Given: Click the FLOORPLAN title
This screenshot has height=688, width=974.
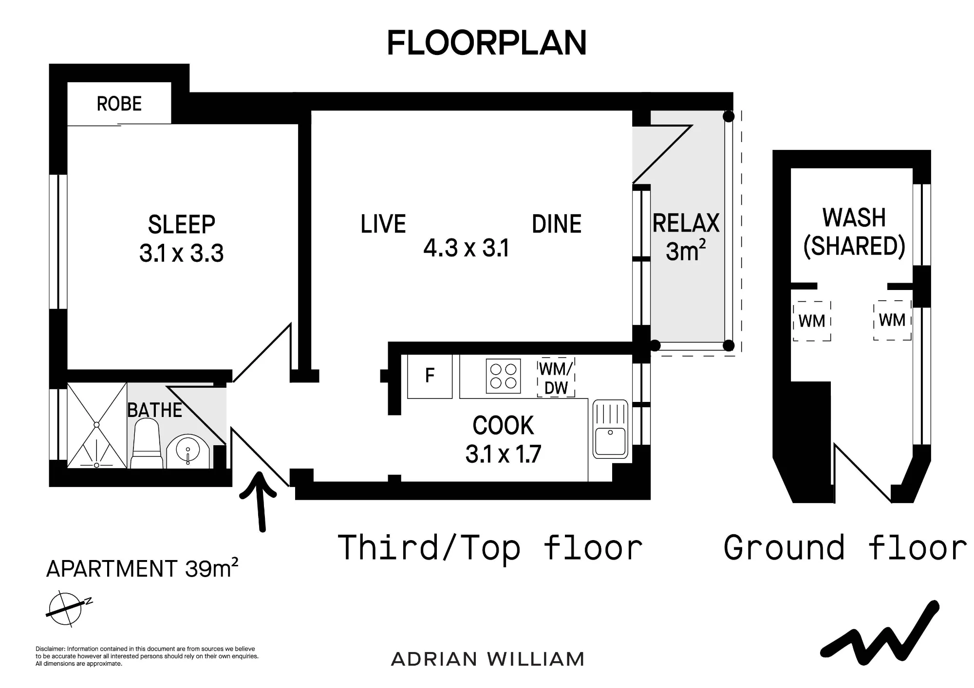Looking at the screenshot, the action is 487,43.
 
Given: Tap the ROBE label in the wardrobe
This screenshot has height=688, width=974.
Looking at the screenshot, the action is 119,104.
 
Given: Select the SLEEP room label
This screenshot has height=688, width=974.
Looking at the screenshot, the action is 182,225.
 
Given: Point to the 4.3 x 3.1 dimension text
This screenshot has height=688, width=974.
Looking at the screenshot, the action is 466,248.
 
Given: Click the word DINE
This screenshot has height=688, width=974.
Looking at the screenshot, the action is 557,224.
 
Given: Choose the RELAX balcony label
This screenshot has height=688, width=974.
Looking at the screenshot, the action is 686,223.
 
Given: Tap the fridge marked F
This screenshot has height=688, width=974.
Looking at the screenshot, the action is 430,377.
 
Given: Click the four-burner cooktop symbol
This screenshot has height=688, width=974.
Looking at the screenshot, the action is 503,376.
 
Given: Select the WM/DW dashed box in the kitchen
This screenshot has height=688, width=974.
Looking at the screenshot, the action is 556,378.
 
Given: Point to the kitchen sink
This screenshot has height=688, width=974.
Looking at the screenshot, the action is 610,429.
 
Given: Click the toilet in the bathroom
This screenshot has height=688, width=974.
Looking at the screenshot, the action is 146,444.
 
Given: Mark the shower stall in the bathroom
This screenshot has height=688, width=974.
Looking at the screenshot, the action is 97,426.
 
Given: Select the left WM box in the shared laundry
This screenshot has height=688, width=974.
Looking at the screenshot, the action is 812,321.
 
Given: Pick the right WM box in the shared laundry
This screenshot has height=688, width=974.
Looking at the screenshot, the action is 892,320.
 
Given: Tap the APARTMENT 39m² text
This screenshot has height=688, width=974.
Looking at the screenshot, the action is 142,568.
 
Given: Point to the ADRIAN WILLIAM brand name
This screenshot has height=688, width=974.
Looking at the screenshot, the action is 487,659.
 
